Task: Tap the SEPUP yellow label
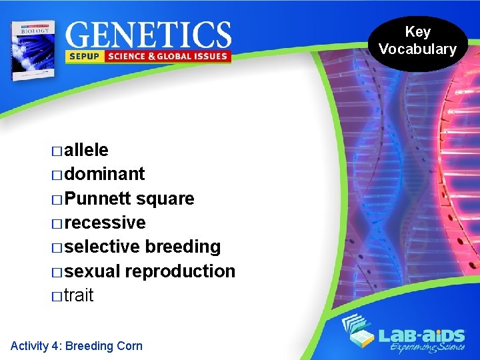point(84,56)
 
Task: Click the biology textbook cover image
point(32,49)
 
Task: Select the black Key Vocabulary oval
point(418,41)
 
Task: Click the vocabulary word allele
point(87,149)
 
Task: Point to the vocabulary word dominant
point(105,174)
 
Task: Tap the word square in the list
point(165,199)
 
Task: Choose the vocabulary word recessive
point(105,223)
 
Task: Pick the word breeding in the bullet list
point(183,247)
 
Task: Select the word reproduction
point(180,271)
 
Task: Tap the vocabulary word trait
point(79,295)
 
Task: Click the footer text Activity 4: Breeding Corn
point(77,345)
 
